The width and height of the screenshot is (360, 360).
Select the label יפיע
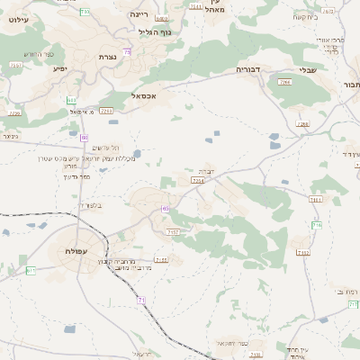click(x=60, y=67)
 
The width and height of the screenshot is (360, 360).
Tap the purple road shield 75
click(x=128, y=52)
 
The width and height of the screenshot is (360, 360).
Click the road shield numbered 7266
click(x=285, y=82)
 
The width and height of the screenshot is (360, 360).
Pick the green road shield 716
click(x=316, y=225)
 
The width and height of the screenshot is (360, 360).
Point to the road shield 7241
click(x=107, y=110)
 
